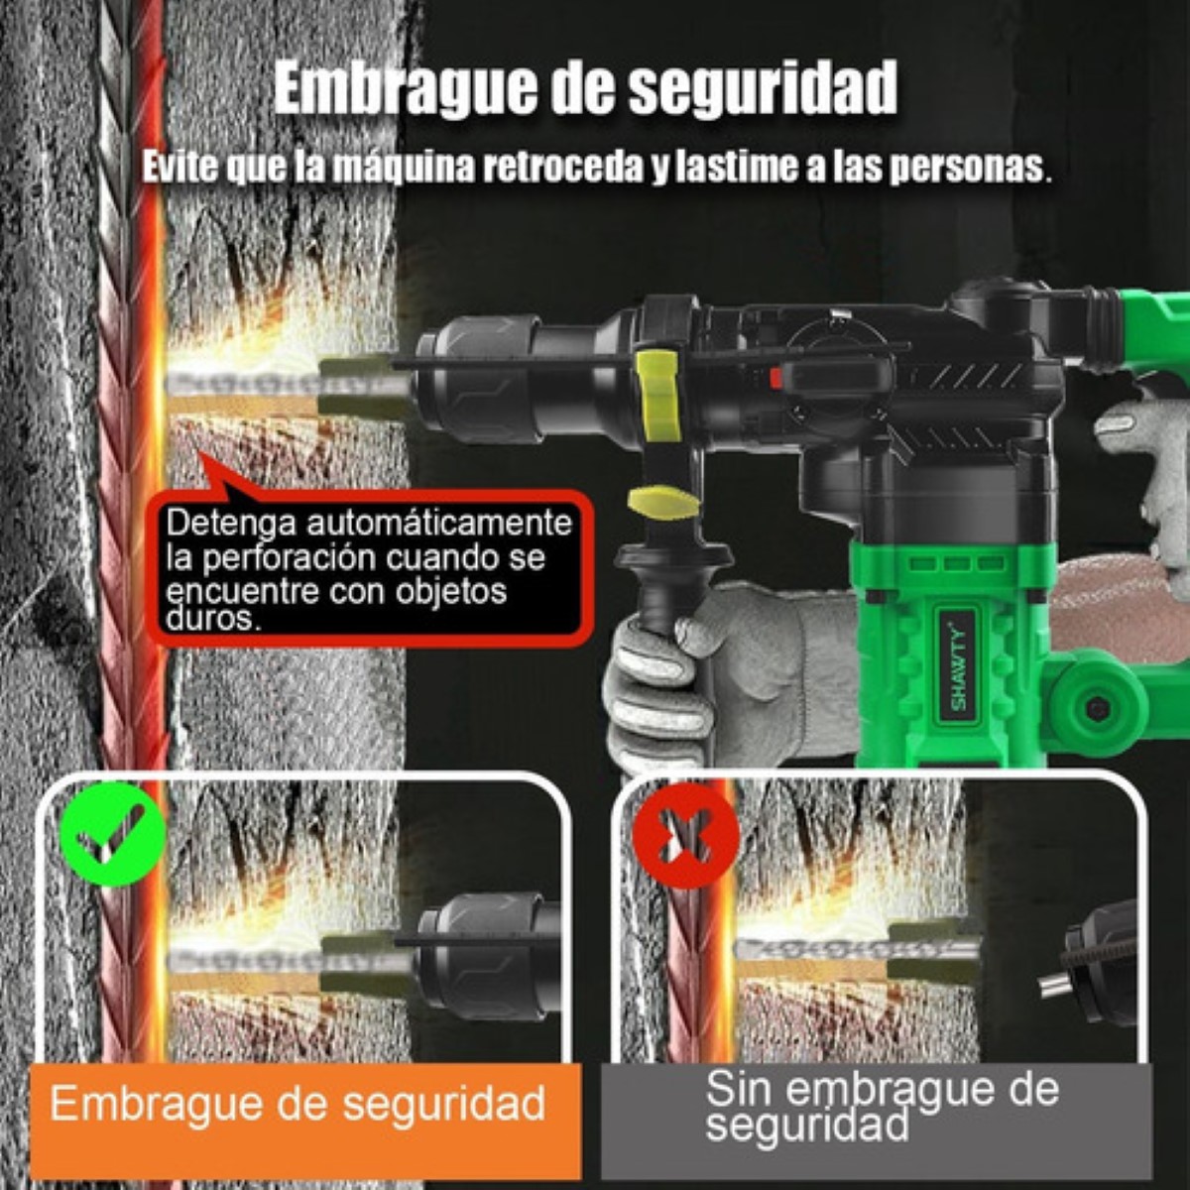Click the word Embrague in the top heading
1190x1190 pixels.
(404, 89)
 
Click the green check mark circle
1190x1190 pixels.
(112, 833)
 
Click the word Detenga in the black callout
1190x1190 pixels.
(235, 523)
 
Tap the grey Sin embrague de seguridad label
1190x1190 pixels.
(879, 1106)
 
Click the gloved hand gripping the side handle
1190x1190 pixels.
(694, 674)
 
